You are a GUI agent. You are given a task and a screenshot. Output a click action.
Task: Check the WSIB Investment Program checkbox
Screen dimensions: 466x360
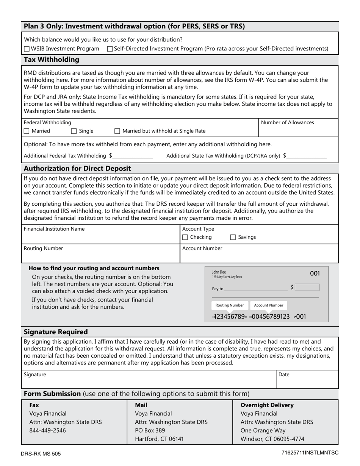coord(27,49)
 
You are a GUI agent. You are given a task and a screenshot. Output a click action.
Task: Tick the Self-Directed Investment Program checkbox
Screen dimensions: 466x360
coord(110,49)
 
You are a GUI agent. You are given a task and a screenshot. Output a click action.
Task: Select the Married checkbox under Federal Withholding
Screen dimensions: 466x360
coord(27,131)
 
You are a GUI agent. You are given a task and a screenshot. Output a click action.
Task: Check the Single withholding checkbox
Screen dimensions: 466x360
coord(74,131)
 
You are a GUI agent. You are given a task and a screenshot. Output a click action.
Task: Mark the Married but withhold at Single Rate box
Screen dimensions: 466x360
coord(117,131)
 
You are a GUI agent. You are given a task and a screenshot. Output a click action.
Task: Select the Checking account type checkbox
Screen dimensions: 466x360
coord(185,237)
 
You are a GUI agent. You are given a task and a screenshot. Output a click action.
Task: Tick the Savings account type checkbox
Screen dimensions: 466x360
coord(233,237)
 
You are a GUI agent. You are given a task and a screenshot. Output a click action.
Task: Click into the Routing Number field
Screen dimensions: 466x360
coord(100,256)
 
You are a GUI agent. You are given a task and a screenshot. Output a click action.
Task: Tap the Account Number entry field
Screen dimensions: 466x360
coord(259,256)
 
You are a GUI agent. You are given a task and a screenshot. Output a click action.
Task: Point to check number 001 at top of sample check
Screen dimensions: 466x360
coord(315,274)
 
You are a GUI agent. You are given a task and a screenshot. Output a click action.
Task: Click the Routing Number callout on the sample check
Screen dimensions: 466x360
coord(229,305)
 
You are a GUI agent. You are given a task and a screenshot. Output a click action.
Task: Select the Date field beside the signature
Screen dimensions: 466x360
coord(307,382)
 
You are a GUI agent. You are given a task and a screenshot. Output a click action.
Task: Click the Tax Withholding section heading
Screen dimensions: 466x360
coord(52,60)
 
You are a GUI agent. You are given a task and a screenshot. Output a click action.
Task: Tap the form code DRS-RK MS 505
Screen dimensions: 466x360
coord(41,453)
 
